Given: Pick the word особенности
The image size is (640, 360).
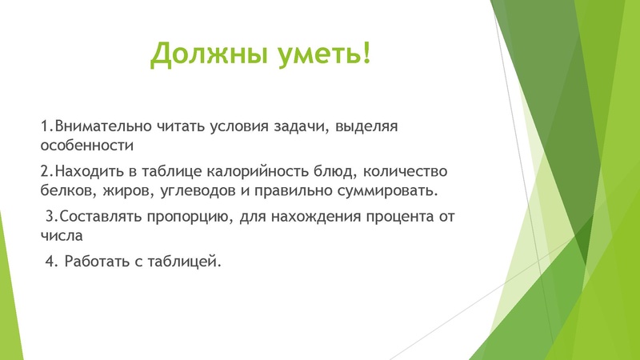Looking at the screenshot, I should point(86,146).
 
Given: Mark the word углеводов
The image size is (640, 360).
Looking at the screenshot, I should point(198,191).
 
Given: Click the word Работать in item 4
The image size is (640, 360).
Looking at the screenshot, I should point(97,262).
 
